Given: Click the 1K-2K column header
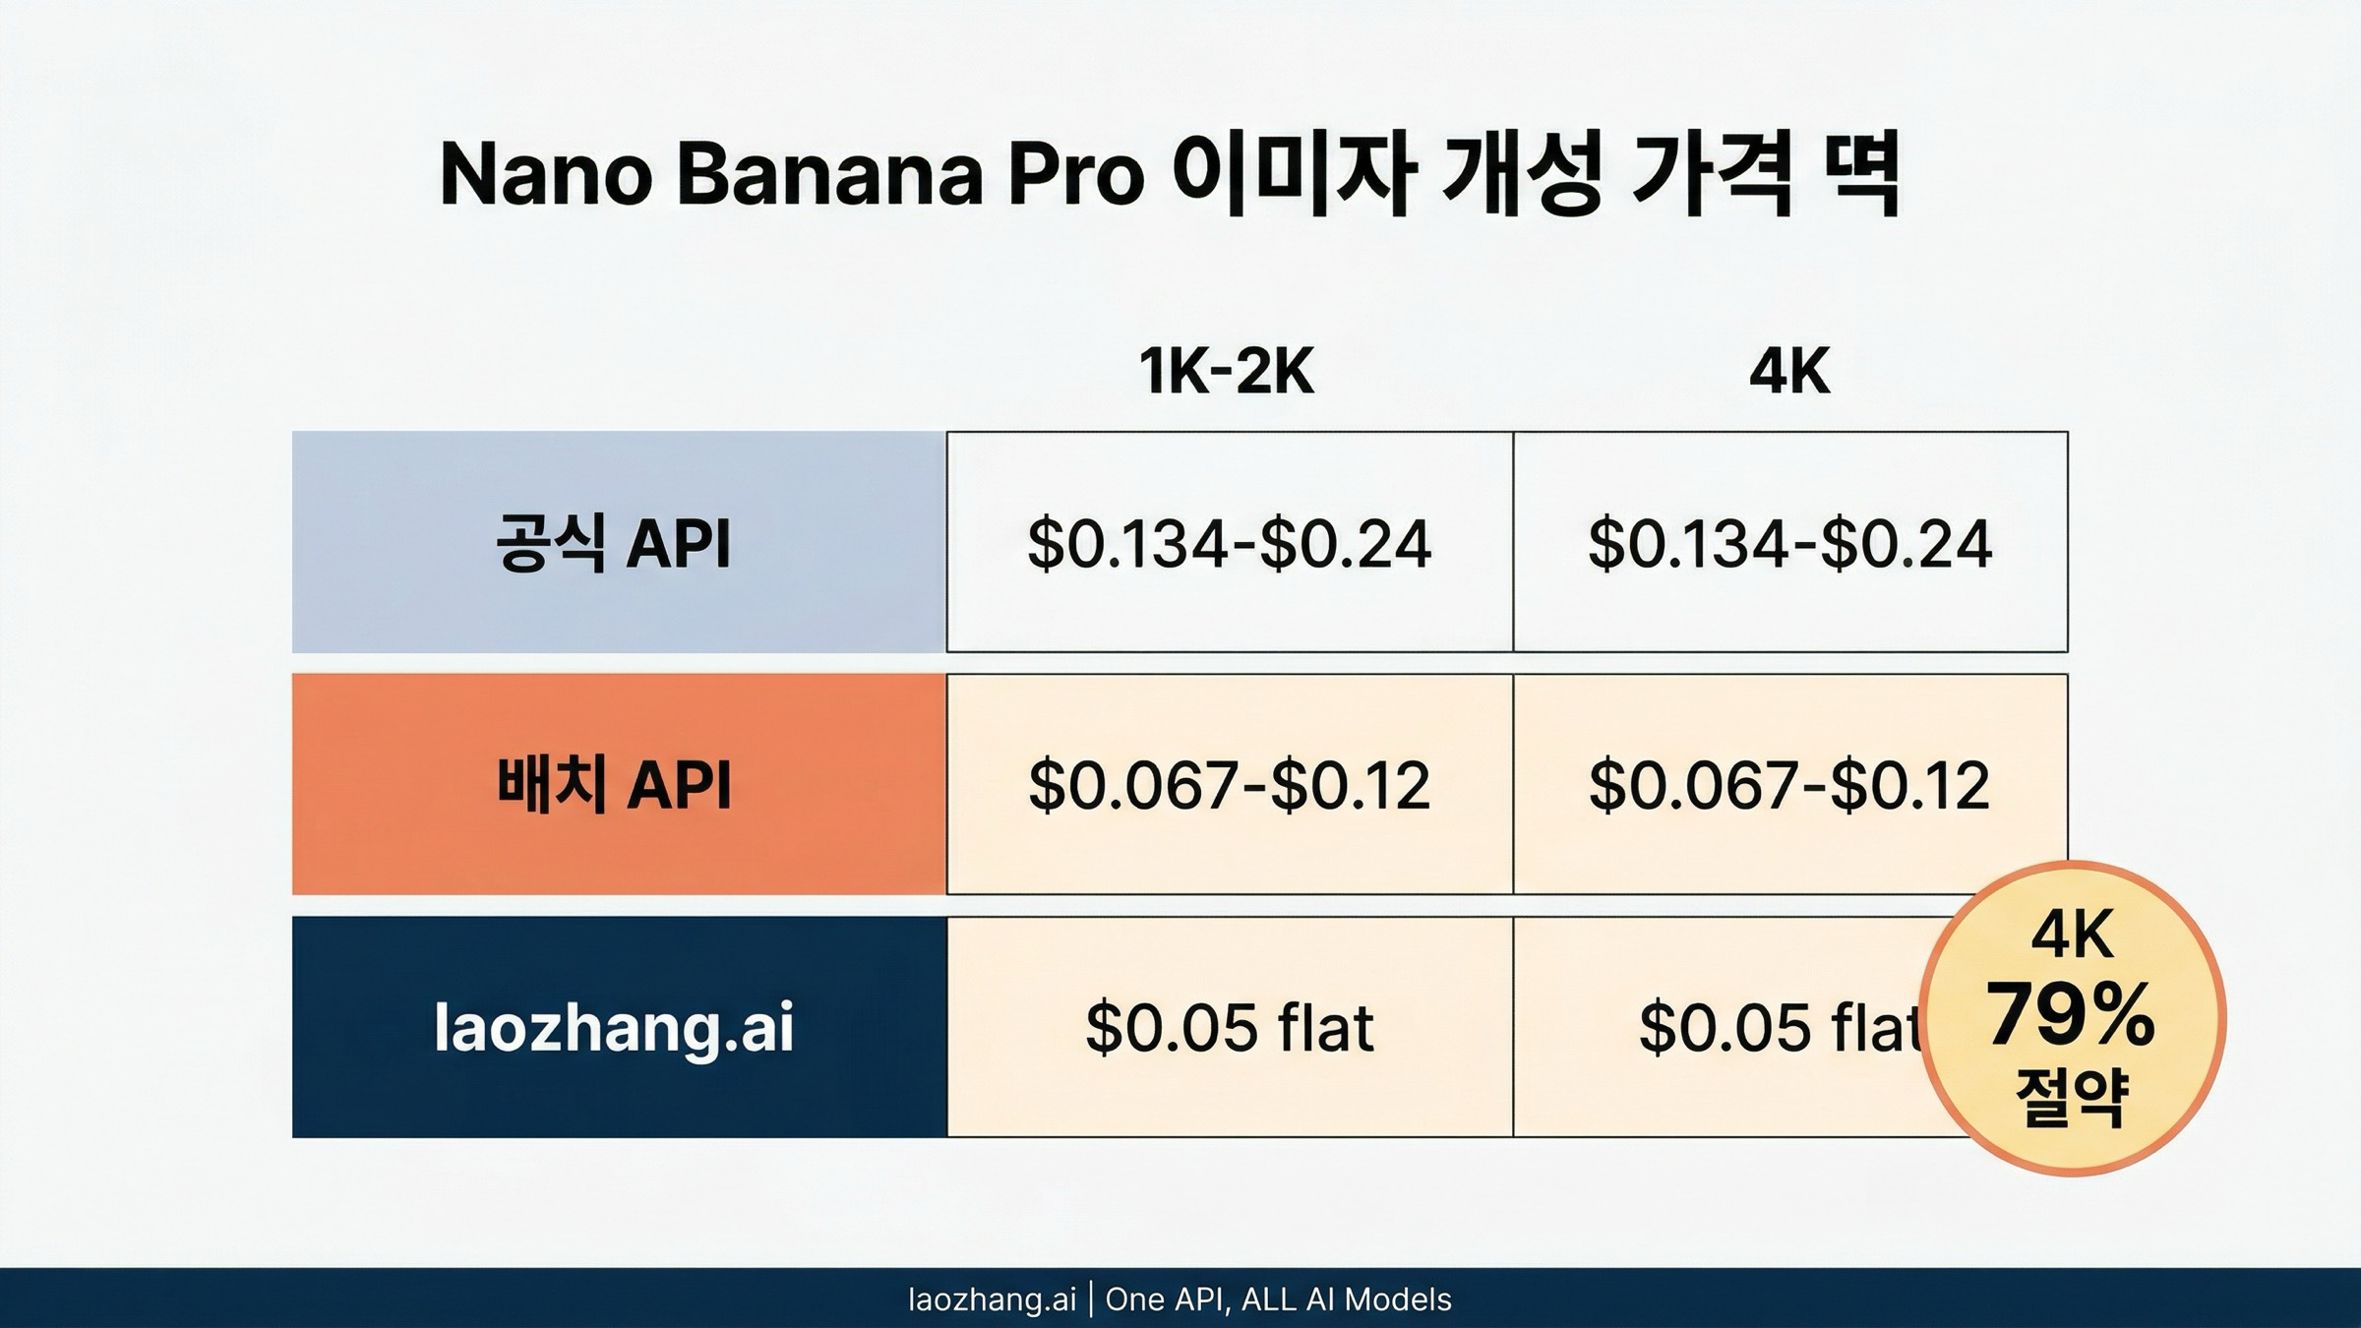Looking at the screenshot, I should click(1227, 372).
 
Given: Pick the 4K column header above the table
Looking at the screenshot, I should click(1789, 372).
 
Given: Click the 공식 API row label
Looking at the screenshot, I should click(614, 543).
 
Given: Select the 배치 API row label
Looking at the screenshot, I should click(614, 785).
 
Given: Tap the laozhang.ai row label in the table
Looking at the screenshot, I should click(614, 1028).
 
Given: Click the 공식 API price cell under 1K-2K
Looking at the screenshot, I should click(1229, 543).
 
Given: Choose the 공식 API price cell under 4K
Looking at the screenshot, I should click(1789, 543).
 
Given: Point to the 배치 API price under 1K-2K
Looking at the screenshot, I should click(1229, 785).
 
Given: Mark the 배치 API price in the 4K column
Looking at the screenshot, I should click(1789, 785).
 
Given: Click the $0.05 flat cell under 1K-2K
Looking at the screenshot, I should click(1229, 1028).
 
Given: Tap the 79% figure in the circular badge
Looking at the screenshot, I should click(2071, 1015).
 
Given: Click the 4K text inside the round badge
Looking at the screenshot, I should click(2072, 936).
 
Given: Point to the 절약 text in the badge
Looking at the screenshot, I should click(2072, 1097).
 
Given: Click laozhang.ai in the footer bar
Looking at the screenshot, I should click(992, 1299).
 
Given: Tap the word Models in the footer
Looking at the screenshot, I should click(1398, 1299).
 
